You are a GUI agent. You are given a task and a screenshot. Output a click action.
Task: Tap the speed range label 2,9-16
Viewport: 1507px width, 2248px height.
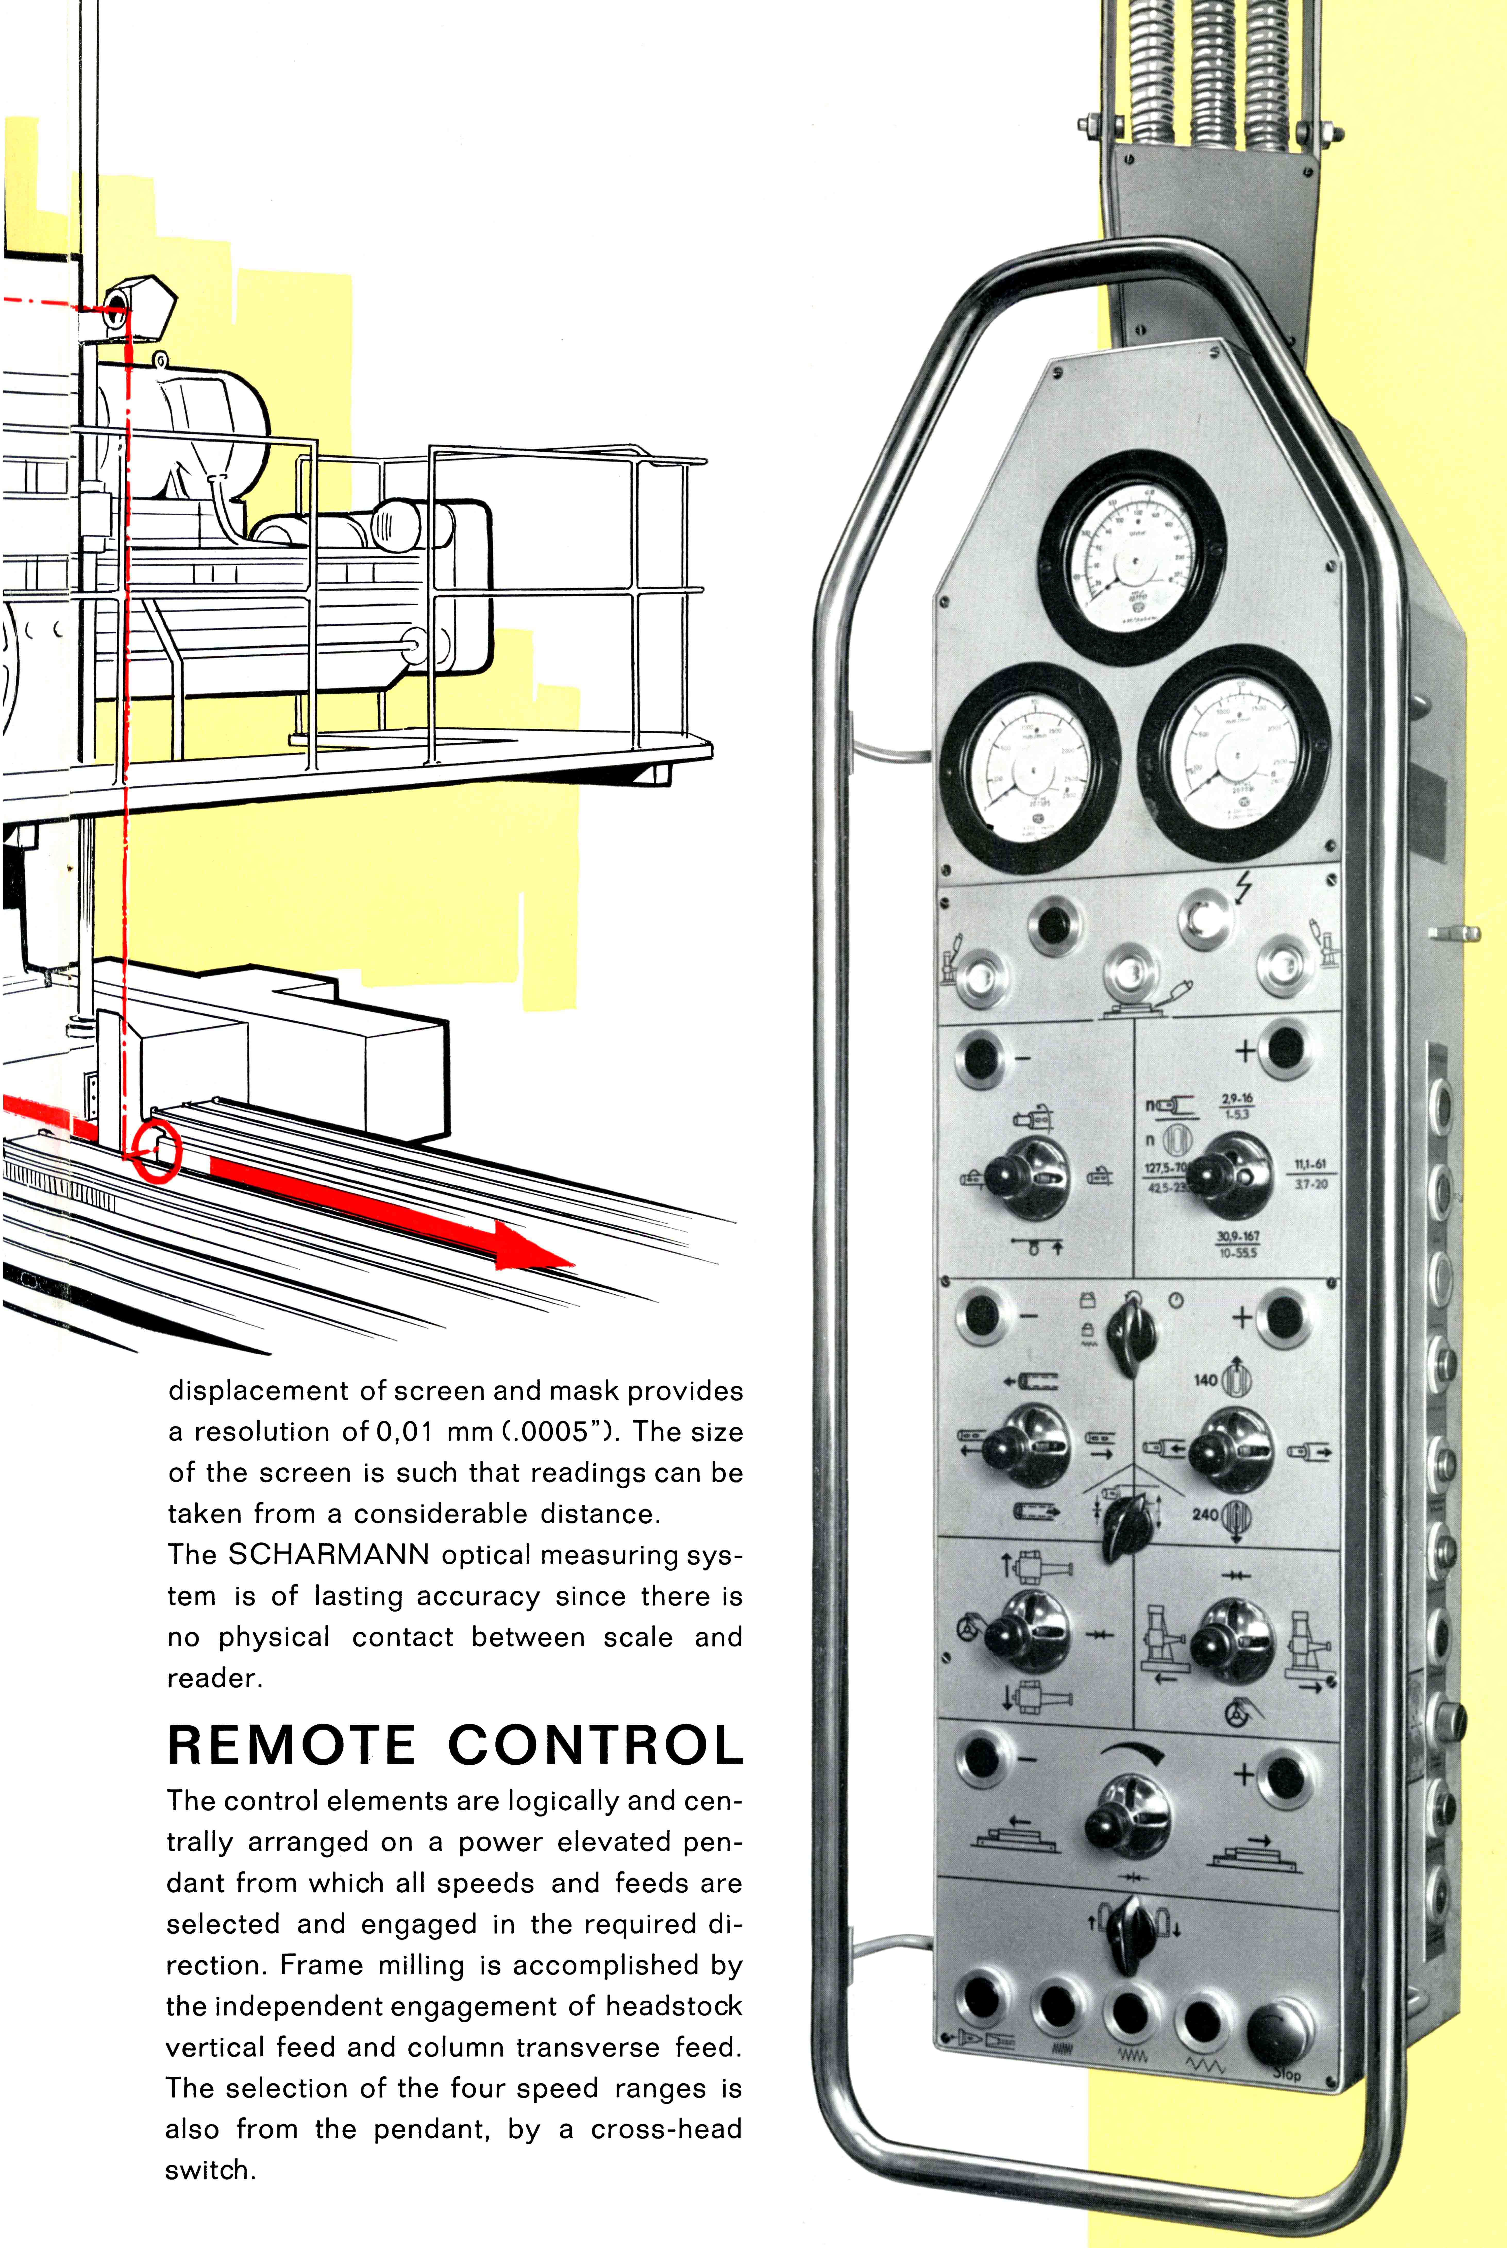point(1237,1098)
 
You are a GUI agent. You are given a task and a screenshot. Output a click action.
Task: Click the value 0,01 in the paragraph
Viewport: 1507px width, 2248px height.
point(404,1432)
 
